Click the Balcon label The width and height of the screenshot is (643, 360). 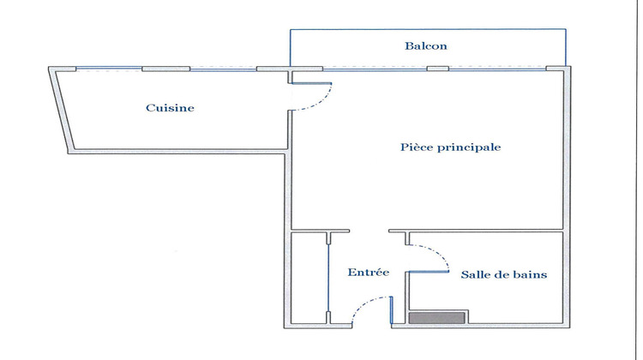click(425, 46)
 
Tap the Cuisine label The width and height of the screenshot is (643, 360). click(170, 108)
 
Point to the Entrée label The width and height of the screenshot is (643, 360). click(369, 273)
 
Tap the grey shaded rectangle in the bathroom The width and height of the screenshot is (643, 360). click(436, 318)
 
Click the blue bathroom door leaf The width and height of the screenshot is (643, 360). click(428, 272)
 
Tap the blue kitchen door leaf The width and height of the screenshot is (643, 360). click(311, 83)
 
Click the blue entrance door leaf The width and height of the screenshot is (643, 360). click(391, 310)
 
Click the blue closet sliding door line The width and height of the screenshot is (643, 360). click(328, 279)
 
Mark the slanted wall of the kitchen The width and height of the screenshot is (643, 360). click(61, 110)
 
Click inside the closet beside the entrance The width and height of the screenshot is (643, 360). click(309, 278)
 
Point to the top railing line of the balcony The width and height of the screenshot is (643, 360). click(428, 29)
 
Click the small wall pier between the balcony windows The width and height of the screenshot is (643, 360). click(438, 69)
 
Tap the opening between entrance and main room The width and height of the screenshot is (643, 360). click(369, 231)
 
